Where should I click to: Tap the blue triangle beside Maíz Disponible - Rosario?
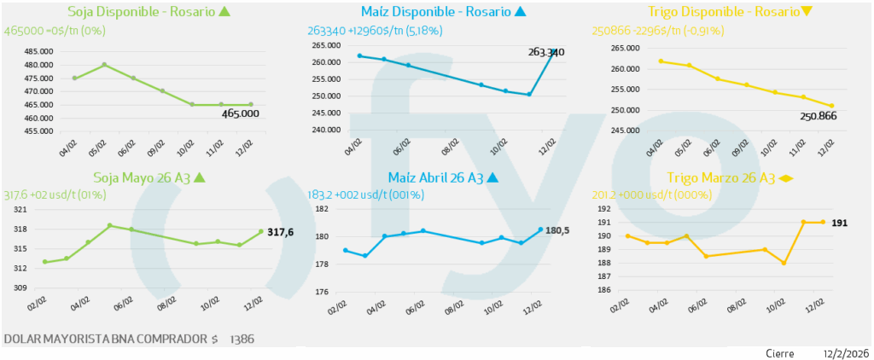tap(521, 12)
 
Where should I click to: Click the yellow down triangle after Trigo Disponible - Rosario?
tap(807, 12)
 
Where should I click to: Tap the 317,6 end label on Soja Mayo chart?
tap(281, 232)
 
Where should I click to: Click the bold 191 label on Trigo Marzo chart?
tap(839, 222)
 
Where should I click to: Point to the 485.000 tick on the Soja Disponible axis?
tap(35, 51)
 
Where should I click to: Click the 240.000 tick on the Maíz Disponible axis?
tap(326, 130)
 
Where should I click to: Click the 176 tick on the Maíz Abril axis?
tap(322, 292)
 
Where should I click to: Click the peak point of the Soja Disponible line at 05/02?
tap(104, 65)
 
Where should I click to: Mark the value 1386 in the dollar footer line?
tap(242, 340)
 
